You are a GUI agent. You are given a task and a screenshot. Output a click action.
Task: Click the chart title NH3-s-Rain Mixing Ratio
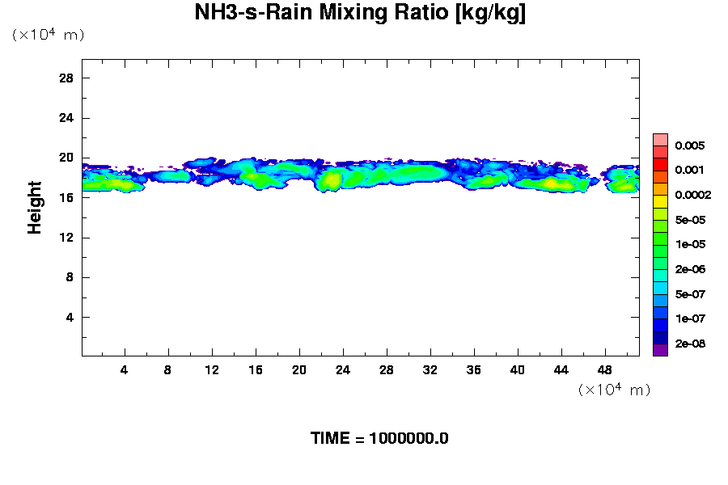(x=360, y=14)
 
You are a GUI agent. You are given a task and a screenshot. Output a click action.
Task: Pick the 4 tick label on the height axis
(x=70, y=317)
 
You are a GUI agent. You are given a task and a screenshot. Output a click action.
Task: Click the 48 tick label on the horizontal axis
(x=604, y=369)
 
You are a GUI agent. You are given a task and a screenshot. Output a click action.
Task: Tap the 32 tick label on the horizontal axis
(x=430, y=369)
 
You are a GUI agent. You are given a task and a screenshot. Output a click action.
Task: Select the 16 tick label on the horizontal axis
(x=256, y=369)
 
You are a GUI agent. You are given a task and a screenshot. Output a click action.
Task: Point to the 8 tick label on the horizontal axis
(x=168, y=369)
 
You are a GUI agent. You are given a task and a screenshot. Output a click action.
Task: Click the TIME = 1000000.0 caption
(x=379, y=439)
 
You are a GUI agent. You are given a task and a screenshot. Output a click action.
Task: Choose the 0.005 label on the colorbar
(x=690, y=145)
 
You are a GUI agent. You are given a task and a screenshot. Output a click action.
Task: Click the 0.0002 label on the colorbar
(x=692, y=195)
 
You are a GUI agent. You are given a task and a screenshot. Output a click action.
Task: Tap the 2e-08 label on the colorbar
(x=690, y=344)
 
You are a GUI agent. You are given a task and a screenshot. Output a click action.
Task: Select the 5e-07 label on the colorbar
(x=690, y=294)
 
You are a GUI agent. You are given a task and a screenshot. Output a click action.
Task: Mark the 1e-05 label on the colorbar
(x=690, y=244)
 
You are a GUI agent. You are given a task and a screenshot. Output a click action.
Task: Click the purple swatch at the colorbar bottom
(x=660, y=350)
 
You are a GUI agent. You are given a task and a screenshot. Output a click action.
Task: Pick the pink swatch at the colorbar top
(x=660, y=139)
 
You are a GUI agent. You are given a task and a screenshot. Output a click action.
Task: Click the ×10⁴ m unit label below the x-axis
(x=615, y=390)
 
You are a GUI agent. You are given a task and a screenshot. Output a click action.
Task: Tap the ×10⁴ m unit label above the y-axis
(x=48, y=35)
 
